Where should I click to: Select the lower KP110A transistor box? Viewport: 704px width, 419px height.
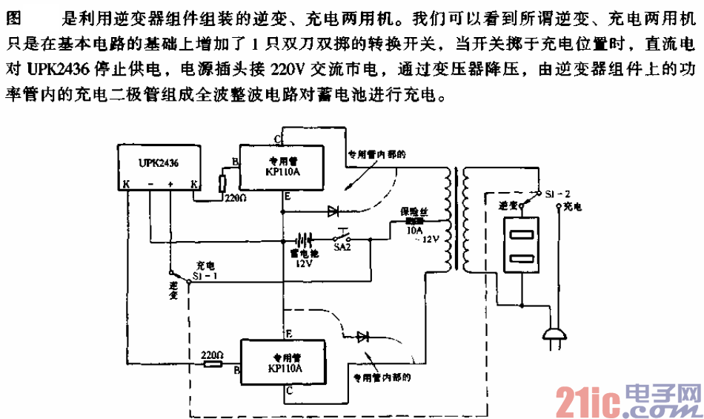click(x=285, y=360)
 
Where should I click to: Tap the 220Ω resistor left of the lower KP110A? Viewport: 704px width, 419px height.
click(x=213, y=364)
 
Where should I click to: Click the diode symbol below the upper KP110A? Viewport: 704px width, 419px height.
click(x=333, y=211)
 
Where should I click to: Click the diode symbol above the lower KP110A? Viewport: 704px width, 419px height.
click(x=363, y=337)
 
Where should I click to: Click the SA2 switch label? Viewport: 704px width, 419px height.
click(x=342, y=250)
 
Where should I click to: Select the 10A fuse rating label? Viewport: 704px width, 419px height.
click(x=414, y=231)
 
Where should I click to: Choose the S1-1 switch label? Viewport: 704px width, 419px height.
click(x=203, y=274)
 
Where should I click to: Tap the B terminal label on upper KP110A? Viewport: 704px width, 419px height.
click(x=234, y=161)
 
